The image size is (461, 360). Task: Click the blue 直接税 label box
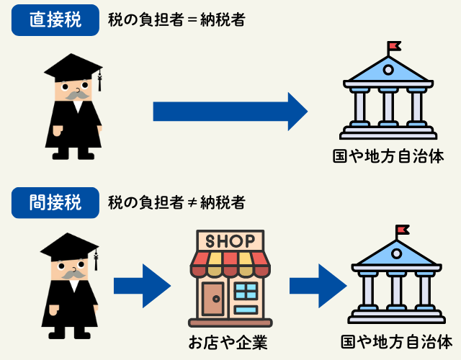[55, 19]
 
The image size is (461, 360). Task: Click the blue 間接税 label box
[55, 201]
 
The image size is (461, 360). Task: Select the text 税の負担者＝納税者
[176, 19]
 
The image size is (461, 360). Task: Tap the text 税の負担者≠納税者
[176, 202]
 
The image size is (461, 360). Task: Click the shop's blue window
[246, 292]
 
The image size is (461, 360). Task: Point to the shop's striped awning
[230, 264]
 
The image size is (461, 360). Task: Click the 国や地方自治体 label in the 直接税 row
[388, 155]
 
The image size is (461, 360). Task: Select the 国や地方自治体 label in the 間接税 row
[396, 341]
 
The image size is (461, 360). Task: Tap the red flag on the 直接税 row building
[394, 47]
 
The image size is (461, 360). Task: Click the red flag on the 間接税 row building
[402, 230]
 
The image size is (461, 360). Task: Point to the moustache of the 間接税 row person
[70, 274]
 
